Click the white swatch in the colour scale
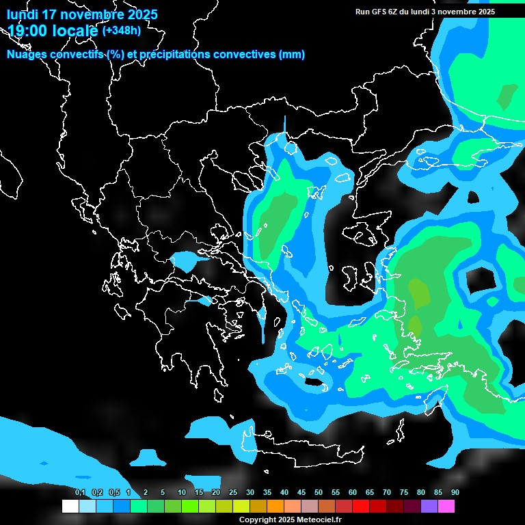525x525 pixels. (70, 507)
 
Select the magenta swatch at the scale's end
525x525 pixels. (446, 507)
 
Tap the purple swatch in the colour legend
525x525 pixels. (429, 507)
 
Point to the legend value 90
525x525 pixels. (455, 493)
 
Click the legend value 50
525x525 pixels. (319, 493)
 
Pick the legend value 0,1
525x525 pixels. (80, 493)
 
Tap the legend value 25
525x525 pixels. (233, 493)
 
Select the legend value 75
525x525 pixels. (404, 493)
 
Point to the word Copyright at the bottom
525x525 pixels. (257, 520)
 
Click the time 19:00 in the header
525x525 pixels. (28, 30)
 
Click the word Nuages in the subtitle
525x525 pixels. (25, 55)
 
